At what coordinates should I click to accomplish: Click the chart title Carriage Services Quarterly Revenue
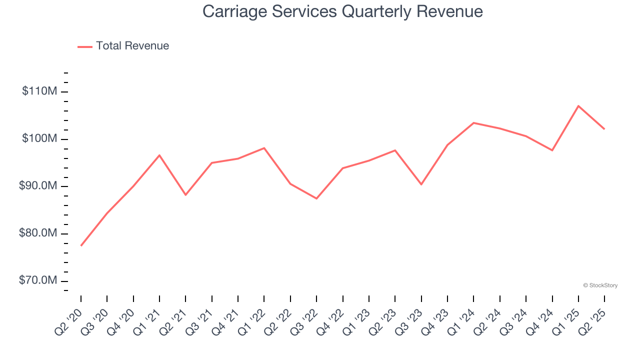coord(342,11)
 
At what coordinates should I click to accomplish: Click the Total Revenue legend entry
coord(123,46)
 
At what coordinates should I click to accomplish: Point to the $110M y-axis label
coord(39,91)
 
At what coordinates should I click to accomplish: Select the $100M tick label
coord(39,138)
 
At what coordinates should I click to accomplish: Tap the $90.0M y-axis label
coord(38,186)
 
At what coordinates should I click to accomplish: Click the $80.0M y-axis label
coord(38,233)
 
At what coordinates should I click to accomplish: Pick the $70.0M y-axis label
coord(38,280)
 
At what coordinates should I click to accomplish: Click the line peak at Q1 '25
coord(578,106)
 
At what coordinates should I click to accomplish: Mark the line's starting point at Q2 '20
coord(81,245)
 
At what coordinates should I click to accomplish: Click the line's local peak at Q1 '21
coord(159,155)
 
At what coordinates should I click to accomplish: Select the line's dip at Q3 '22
coord(316,198)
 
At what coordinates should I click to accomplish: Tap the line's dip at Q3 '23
coord(421,184)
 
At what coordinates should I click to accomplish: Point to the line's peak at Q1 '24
coord(473,122)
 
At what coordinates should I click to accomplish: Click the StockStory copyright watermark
coord(600,285)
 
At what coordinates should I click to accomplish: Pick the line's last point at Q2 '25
coord(604,129)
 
